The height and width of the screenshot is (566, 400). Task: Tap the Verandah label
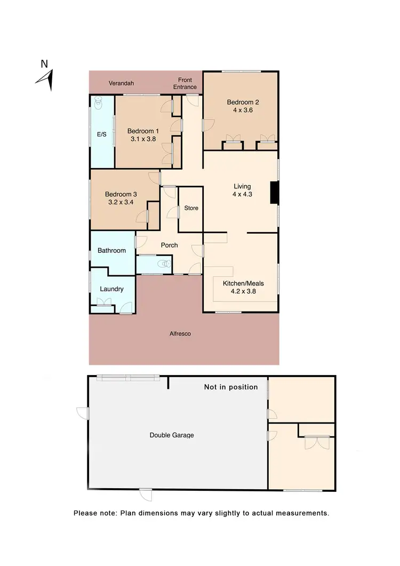[121, 83]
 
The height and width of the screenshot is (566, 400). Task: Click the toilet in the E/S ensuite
[99, 102]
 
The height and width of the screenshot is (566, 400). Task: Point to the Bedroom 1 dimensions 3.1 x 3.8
[142, 139]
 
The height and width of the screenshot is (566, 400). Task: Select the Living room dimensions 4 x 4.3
[242, 194]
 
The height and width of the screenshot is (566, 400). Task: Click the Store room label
[191, 208]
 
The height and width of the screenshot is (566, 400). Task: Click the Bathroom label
[111, 250]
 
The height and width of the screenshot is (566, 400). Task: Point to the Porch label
[169, 245]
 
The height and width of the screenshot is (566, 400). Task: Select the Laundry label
[111, 289]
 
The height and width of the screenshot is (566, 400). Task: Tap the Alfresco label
[180, 334]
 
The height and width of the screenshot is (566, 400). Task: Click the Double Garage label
[172, 435]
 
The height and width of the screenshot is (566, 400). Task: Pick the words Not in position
[230, 387]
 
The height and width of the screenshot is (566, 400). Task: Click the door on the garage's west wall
[82, 413]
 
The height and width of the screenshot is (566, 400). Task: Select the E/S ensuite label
[101, 134]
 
